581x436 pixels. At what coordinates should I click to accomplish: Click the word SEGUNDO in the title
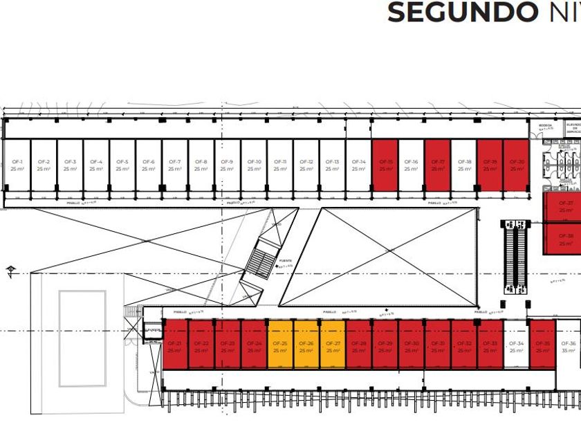(461, 12)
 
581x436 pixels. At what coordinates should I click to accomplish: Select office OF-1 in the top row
(17, 165)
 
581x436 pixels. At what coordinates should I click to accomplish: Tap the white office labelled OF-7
(175, 165)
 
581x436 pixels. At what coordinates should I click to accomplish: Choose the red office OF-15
(385, 165)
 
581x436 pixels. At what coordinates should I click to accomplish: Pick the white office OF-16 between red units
(412, 165)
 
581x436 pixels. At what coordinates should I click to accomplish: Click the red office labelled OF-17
(438, 165)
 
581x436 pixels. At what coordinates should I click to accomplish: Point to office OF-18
(464, 165)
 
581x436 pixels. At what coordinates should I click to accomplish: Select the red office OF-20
(517, 165)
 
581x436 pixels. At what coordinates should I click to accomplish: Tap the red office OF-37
(566, 206)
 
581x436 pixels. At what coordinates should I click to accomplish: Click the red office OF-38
(566, 239)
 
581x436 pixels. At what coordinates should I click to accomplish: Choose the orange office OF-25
(280, 346)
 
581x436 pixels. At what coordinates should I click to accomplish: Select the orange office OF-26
(306, 346)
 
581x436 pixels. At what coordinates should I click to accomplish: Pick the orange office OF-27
(333, 346)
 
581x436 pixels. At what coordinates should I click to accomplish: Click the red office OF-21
(175, 346)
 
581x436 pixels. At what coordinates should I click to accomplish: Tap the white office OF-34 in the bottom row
(516, 346)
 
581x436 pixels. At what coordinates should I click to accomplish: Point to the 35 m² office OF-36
(569, 346)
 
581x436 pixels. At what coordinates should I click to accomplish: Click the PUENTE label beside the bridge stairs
(285, 262)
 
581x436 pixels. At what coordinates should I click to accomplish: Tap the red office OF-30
(412, 346)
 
